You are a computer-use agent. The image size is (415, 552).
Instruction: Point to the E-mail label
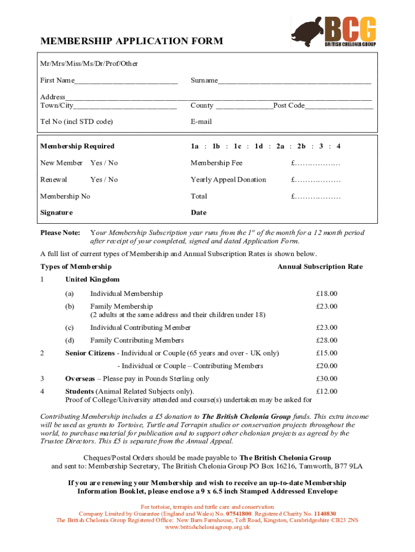201,121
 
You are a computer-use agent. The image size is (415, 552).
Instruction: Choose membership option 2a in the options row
280,146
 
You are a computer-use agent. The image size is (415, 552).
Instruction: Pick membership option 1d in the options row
259,146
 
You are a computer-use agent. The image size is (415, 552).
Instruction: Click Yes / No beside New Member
104,163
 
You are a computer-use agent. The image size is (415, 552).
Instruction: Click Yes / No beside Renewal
104,180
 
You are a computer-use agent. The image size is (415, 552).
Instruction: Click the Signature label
57,212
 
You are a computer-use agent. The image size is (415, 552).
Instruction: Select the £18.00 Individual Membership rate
327,294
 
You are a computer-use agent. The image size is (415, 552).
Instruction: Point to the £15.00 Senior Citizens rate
327,353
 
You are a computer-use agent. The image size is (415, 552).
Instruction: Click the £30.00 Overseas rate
327,379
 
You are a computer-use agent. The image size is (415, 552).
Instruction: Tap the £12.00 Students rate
327,391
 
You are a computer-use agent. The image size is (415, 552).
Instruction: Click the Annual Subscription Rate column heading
320,267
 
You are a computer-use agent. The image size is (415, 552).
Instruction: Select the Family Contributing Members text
137,340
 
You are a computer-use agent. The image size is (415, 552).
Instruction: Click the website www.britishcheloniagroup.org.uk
207,527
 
